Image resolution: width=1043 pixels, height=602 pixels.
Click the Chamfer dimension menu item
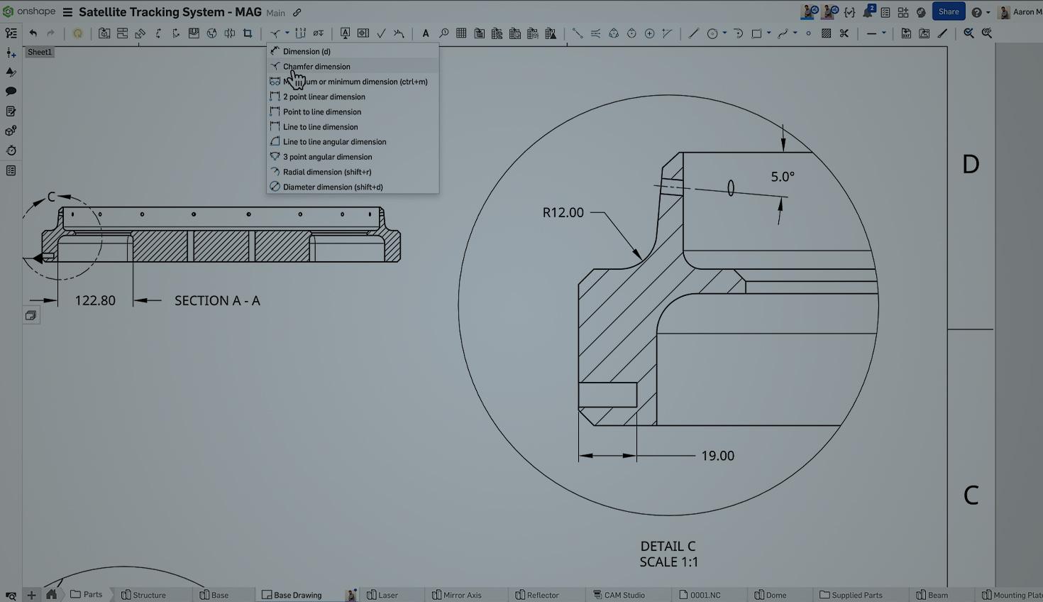click(x=316, y=67)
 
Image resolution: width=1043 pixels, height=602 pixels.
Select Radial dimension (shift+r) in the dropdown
click(x=326, y=172)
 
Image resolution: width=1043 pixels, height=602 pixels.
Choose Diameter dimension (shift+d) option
click(x=332, y=187)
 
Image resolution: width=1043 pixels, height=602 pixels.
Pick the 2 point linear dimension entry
click(x=324, y=97)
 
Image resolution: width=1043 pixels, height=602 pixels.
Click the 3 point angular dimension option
click(x=327, y=157)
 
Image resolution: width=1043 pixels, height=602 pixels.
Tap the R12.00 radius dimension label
click(x=563, y=212)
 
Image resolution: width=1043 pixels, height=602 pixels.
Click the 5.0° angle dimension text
click(x=782, y=177)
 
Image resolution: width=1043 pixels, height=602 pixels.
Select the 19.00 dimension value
click(x=717, y=456)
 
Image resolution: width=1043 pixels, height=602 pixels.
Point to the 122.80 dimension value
click(x=95, y=301)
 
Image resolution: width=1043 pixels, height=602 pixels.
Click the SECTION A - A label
click(x=217, y=301)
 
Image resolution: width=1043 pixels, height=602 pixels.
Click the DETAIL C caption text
click(x=668, y=547)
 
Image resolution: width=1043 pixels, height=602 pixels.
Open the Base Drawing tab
click(x=297, y=595)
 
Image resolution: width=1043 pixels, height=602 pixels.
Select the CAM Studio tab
click(x=624, y=595)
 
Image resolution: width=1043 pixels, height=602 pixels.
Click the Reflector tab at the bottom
click(x=542, y=595)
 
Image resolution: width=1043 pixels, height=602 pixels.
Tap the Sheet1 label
click(x=40, y=52)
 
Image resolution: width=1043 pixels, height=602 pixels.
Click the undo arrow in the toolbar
click(x=33, y=33)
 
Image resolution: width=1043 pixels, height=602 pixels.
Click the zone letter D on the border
click(x=970, y=165)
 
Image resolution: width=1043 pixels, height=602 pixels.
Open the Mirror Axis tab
click(x=461, y=595)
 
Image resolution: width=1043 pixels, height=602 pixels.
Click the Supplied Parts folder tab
click(x=856, y=595)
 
